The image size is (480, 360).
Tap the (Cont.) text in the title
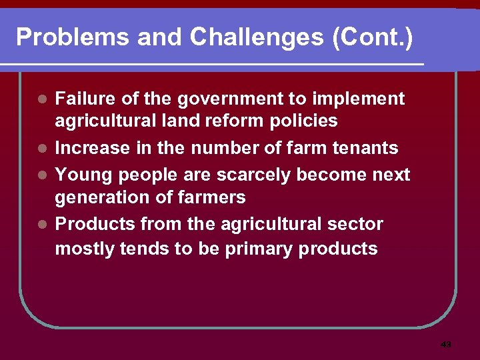pos(372,37)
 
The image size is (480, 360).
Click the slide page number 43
pos(446,345)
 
